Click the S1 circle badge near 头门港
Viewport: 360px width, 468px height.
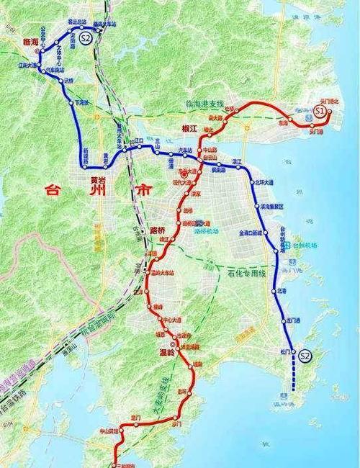point(322,111)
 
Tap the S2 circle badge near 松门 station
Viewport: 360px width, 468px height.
point(305,356)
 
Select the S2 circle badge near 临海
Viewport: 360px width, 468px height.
point(86,38)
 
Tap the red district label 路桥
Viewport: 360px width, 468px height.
point(158,231)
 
